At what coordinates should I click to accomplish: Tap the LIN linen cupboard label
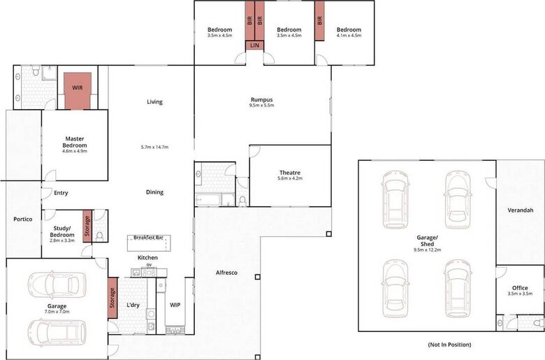coord(254,46)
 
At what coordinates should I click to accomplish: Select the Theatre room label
coord(289,173)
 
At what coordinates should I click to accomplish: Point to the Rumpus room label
coord(261,99)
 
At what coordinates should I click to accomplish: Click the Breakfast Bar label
coord(148,238)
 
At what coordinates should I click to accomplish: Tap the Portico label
coord(23,219)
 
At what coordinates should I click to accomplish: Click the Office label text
coord(519,287)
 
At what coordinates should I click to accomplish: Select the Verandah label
coord(521,210)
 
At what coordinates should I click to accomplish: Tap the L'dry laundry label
coord(133,305)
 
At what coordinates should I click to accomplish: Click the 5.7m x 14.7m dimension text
coord(154,147)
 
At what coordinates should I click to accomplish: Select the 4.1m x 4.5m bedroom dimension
coord(349,36)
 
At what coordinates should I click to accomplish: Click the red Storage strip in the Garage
coord(111,298)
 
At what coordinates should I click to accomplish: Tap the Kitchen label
coord(147,258)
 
